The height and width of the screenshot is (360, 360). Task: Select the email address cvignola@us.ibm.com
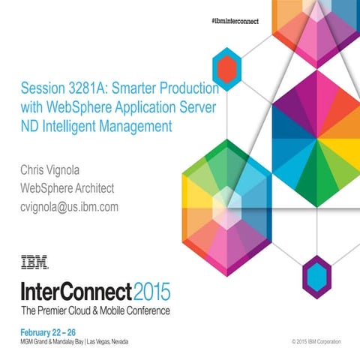[69, 206]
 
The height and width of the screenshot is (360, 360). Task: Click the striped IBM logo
[34, 262]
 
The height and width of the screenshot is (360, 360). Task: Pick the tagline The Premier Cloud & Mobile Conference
[95, 309]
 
